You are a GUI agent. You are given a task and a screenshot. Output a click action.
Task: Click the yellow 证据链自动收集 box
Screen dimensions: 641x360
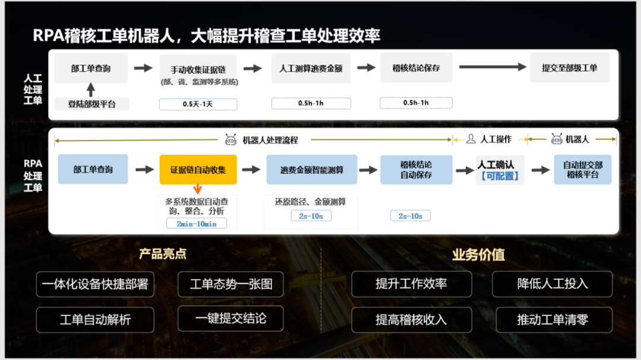[198, 170]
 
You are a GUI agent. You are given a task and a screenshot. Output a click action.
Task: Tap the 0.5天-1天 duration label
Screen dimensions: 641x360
[198, 104]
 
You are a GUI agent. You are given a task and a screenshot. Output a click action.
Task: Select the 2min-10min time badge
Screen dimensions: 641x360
[196, 224]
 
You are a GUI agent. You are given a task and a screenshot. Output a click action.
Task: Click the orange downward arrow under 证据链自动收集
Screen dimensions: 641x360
[198, 189]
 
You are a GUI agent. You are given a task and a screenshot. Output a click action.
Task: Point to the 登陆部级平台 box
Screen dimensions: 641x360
[92, 104]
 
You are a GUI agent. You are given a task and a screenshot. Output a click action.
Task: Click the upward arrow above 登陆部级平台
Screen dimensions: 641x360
[91, 90]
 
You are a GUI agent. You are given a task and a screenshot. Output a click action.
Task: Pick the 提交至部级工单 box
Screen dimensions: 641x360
[570, 68]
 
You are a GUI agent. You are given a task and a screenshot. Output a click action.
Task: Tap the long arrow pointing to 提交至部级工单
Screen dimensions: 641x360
[493, 67]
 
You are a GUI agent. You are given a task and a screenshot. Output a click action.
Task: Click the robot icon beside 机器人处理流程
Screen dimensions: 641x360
[230, 140]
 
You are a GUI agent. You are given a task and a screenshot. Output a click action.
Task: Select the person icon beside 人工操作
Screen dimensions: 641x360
[471, 139]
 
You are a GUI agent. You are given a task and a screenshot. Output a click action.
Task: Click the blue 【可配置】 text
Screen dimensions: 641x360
[500, 176]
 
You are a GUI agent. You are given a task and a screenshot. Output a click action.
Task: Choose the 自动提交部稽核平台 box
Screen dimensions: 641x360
[583, 170]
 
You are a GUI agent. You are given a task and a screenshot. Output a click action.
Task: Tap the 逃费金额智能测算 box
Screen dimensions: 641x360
[312, 170]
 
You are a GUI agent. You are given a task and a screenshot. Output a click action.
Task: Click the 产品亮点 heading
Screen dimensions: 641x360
[163, 254]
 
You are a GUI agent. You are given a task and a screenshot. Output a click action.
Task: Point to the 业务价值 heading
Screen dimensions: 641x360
[478, 254]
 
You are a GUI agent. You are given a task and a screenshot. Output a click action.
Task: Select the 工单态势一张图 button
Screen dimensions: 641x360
[230, 284]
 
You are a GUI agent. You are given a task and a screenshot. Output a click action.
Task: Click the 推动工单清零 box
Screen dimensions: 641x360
[554, 320]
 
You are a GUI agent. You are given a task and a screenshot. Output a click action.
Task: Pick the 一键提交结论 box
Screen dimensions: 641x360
[230, 318]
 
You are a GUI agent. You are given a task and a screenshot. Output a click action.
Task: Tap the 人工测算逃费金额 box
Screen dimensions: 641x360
[311, 68]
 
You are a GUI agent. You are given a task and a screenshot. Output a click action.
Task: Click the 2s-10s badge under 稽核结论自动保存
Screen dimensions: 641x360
[411, 216]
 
